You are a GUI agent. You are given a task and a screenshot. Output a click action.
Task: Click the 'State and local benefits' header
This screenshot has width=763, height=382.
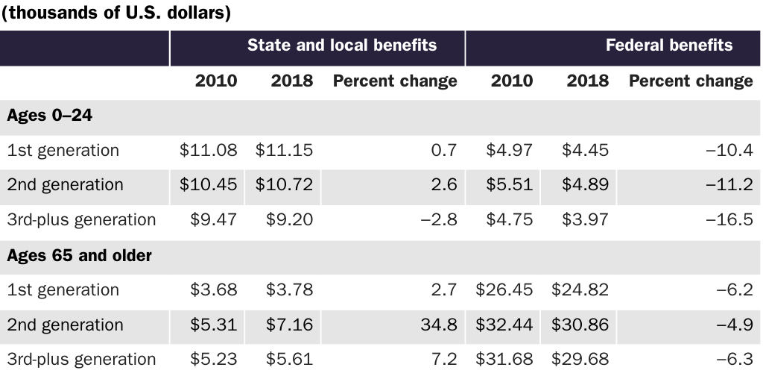coord(342,45)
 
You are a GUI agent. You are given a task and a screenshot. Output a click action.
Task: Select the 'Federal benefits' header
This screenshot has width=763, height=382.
coord(668,45)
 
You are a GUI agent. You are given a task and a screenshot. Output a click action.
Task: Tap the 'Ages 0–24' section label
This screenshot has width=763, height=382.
coord(49,116)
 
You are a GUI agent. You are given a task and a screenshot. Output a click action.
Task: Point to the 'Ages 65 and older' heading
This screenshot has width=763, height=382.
coord(79,255)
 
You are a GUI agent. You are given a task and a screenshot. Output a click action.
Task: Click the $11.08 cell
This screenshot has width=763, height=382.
coord(209,150)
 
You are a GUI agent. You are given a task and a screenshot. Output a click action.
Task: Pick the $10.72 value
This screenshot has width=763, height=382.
coord(284,184)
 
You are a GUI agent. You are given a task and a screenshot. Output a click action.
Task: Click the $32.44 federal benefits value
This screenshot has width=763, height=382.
coord(504,325)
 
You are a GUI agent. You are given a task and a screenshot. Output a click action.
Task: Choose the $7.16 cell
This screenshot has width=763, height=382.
coord(289,325)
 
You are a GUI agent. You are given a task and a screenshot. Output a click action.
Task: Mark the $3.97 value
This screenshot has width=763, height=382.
coord(585,219)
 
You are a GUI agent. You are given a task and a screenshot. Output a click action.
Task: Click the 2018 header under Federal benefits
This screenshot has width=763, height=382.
coord(587,81)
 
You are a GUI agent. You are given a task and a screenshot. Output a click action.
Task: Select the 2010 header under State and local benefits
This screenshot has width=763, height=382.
coord(216,81)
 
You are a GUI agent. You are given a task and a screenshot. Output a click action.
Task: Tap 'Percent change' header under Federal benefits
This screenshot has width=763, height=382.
coord(691,81)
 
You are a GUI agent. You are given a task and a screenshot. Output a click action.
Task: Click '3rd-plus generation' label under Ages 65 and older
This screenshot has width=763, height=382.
coord(81,359)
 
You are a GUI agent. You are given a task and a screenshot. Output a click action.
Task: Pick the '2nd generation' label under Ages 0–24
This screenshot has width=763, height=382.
coord(65,184)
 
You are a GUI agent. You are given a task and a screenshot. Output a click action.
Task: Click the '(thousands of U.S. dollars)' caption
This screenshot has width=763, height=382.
coord(115,13)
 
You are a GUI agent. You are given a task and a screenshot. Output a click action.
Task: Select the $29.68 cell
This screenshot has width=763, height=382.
coord(580,359)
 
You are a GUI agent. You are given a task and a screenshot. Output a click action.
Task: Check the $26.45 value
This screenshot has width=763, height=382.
coord(504,289)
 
